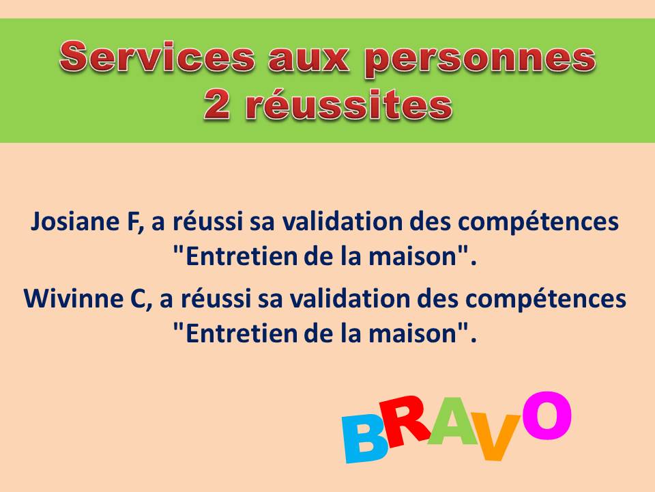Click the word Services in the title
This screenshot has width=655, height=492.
coord(157,57)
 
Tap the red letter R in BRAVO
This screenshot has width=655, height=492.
coord(403,422)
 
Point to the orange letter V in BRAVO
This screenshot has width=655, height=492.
coord(497,437)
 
